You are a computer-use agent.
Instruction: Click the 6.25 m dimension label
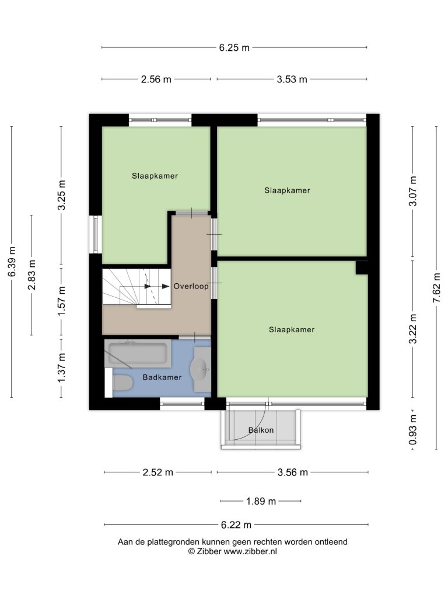[235, 48]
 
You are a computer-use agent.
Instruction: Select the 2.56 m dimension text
[156, 79]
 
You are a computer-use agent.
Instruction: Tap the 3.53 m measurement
[292, 79]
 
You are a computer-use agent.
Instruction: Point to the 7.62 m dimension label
[436, 288]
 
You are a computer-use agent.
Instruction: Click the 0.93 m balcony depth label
[413, 430]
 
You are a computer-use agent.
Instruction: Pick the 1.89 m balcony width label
[261, 501]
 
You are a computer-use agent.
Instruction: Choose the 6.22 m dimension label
[236, 525]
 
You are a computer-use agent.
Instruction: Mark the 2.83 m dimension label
[32, 274]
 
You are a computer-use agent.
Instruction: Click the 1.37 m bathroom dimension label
[61, 368]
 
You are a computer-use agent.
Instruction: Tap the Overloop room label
[191, 286]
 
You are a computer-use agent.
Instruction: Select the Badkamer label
[162, 377]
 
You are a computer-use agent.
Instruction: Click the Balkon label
[261, 430]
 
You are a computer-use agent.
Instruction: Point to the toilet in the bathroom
[123, 383]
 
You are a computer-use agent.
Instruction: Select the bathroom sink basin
[201, 369]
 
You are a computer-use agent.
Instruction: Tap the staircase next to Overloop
[136, 287]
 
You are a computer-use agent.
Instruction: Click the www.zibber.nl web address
[250, 551]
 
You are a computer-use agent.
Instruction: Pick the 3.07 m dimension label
[413, 191]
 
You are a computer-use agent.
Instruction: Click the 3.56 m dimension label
[293, 472]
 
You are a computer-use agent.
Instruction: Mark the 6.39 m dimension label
[12, 262]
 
